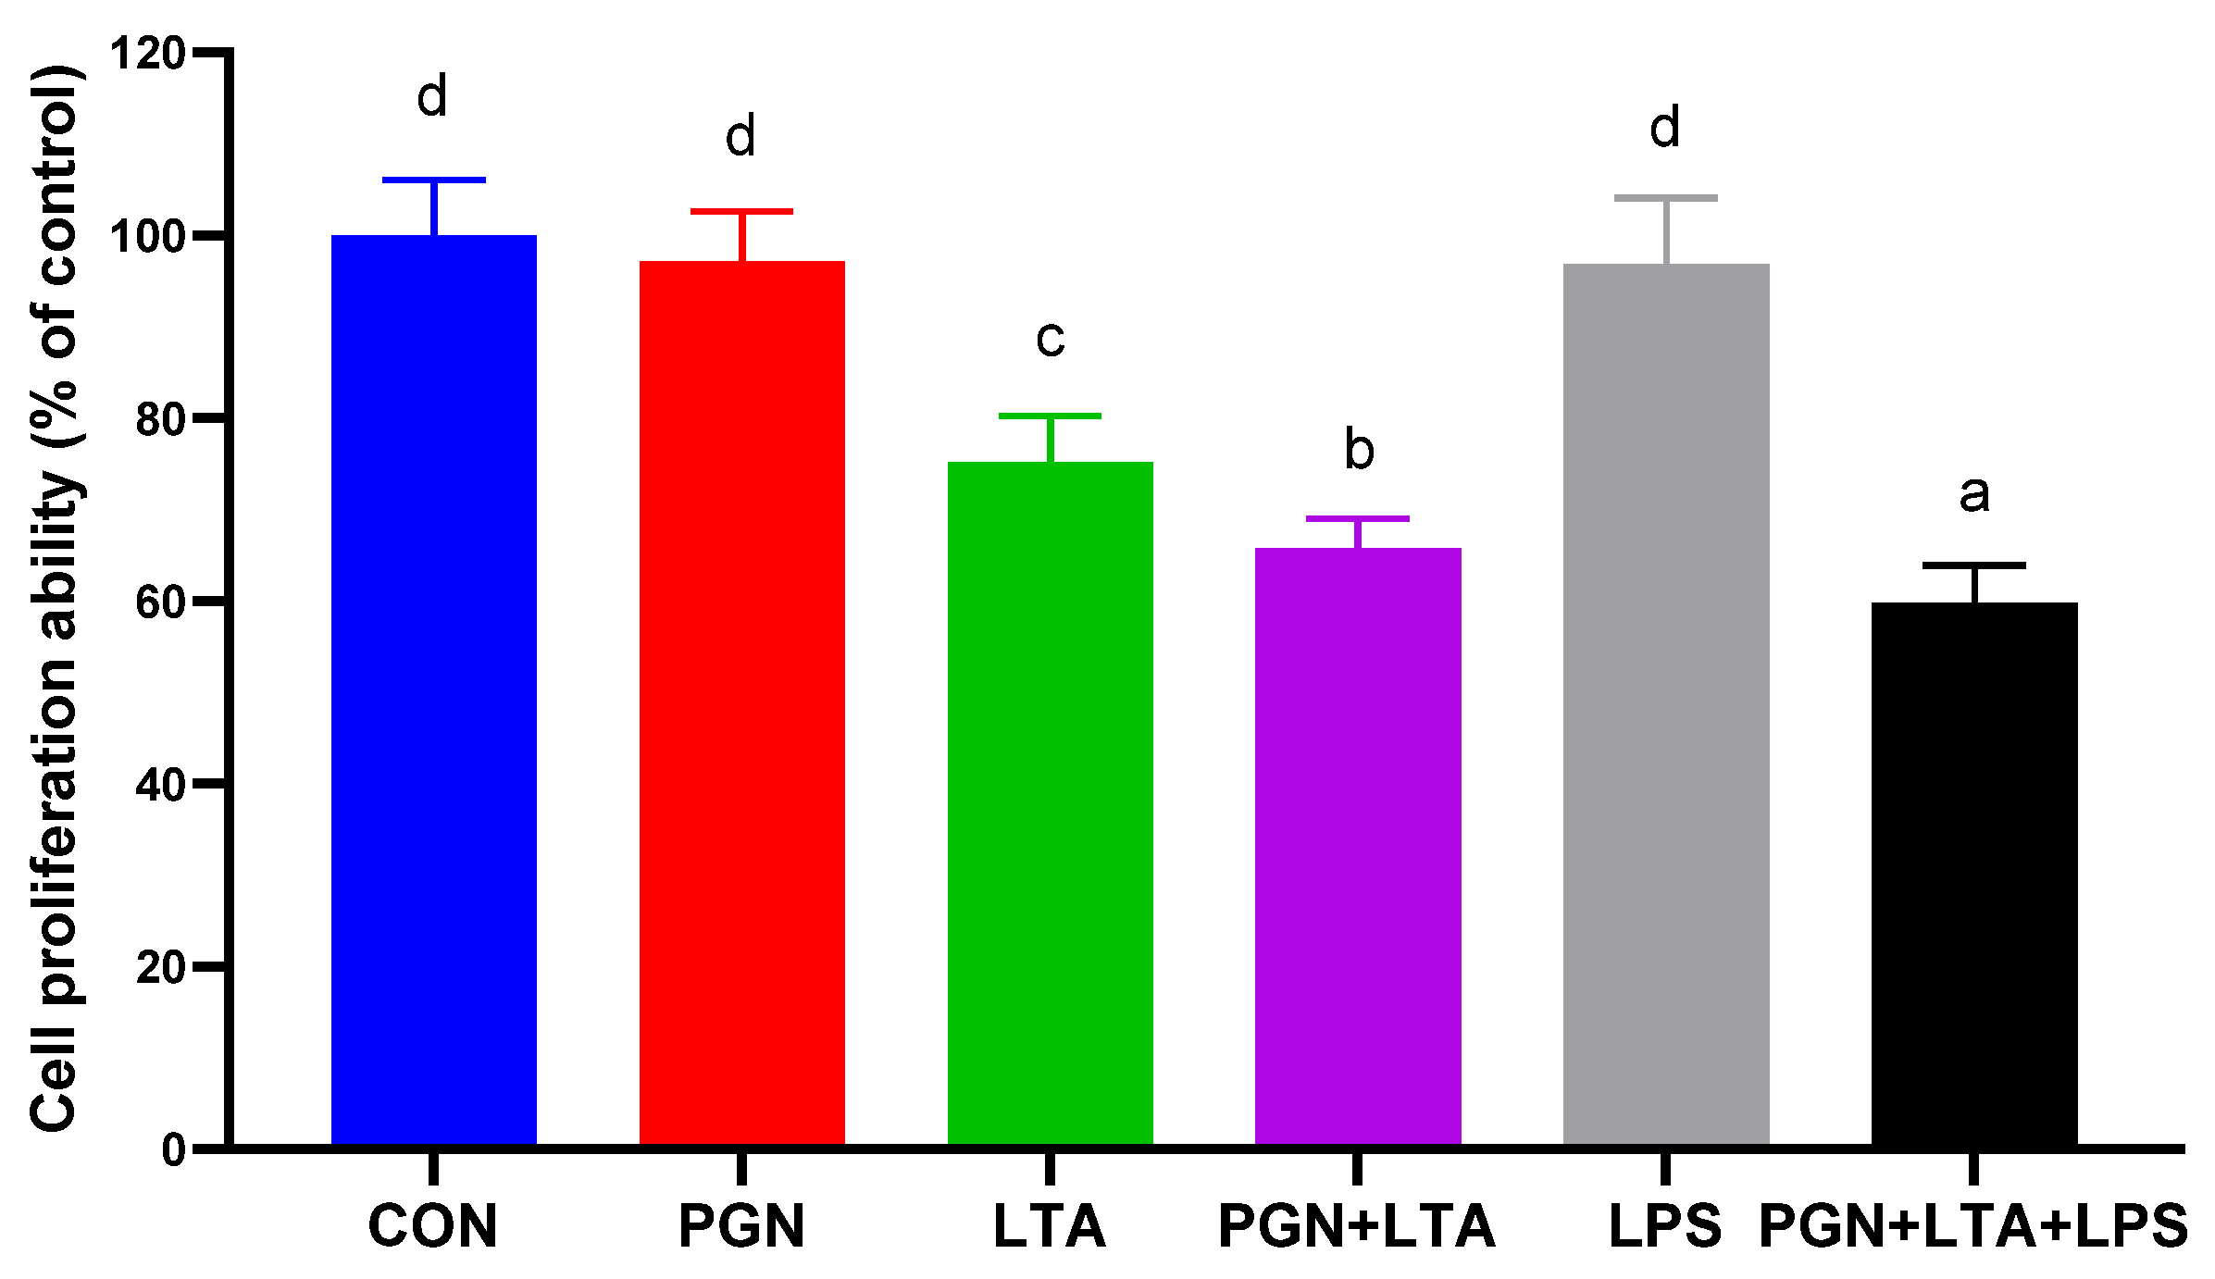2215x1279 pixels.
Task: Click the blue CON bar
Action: point(433,689)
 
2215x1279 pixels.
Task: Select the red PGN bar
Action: point(741,703)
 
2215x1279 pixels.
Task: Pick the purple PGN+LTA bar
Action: point(1358,846)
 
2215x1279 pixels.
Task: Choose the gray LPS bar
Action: point(1666,704)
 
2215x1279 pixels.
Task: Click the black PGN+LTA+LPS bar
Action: point(1974,874)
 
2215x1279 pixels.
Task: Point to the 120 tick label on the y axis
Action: point(148,54)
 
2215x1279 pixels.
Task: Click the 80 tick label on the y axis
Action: point(160,419)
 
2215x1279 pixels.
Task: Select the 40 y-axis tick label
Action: point(160,786)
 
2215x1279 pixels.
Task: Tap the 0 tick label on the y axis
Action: point(174,1150)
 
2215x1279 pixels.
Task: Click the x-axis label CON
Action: point(432,1226)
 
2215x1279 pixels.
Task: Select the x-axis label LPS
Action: point(1665,1226)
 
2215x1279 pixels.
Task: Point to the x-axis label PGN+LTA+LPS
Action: point(1973,1226)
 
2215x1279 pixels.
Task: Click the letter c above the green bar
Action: point(1051,339)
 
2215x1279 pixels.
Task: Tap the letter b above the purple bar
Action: point(1359,450)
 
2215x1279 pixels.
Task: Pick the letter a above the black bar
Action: point(1974,494)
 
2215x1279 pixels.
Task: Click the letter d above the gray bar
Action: point(1665,127)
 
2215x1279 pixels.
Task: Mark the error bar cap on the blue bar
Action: point(433,180)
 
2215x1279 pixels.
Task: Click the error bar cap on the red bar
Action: point(741,212)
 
